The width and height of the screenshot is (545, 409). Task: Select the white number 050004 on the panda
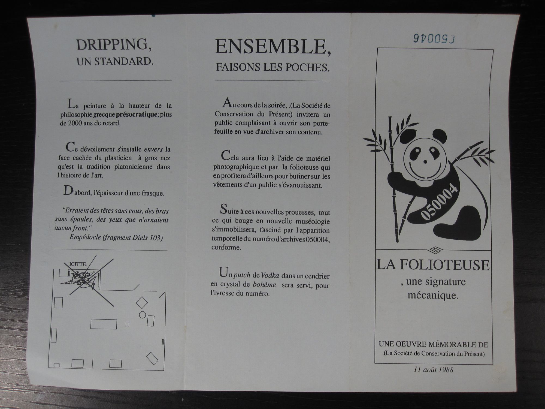point(440,202)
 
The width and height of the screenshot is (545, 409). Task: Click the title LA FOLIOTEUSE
point(433,265)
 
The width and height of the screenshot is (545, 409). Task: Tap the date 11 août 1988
point(434,370)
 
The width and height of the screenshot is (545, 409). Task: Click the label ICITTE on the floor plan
point(78,264)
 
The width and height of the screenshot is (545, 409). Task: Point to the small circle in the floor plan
point(142,315)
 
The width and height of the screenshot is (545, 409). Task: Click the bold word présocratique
point(136,114)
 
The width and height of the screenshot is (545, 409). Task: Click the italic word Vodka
point(270,275)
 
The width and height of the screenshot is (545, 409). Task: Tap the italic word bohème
point(264,284)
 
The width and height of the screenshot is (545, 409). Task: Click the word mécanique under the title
point(433,295)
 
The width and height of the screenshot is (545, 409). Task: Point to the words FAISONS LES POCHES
point(273,67)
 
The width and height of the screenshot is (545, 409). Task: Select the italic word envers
point(153,149)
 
